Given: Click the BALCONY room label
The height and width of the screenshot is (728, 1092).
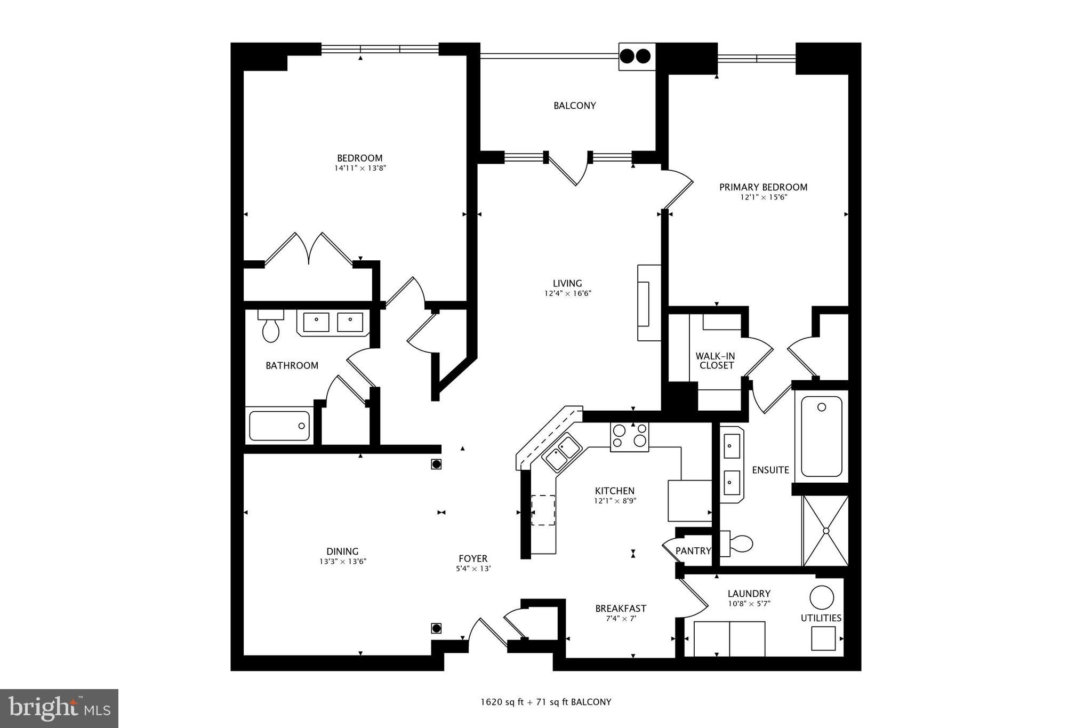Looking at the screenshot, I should tap(574, 106).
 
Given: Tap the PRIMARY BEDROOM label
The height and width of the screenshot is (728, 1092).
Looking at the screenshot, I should tap(763, 187).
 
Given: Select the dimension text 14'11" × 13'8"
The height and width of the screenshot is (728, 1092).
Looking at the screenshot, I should tap(360, 168).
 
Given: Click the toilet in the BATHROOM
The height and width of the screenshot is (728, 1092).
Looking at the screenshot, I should tap(270, 328).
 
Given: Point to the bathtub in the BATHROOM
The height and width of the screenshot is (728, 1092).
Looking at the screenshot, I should tap(279, 426).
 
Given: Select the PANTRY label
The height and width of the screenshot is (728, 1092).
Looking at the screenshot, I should tap(693, 551).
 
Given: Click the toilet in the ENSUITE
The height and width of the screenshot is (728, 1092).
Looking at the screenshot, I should tap(738, 543).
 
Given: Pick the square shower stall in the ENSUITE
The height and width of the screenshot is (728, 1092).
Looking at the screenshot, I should tap(825, 531).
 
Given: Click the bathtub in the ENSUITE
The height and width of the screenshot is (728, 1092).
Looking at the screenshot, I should tap(821, 436).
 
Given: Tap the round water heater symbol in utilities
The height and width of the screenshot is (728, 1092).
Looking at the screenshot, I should tap(821, 597).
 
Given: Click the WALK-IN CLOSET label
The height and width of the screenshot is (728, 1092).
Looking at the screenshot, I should tap(716, 361).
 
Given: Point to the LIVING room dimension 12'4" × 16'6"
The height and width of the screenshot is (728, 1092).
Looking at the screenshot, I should tap(567, 293).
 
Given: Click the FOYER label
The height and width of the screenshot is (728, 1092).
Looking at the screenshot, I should tap(473, 558).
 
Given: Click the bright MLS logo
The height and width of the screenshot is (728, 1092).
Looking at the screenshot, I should tap(59, 708).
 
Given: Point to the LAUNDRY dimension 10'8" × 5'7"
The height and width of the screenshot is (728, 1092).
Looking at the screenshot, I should tap(749, 604).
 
